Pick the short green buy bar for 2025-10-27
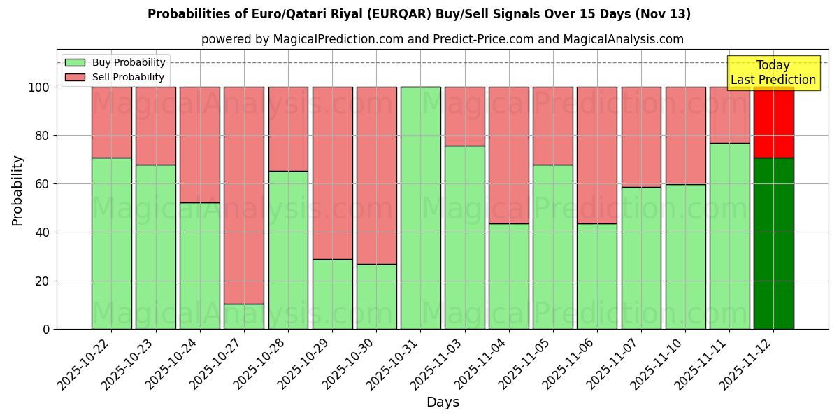(x=244, y=316)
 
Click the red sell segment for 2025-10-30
(x=376, y=175)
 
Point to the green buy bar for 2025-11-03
(x=464, y=237)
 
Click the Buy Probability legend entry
(x=115, y=62)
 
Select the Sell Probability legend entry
(x=115, y=77)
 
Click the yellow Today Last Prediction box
(x=773, y=73)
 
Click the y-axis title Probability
(x=17, y=190)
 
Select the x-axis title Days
(x=443, y=402)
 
